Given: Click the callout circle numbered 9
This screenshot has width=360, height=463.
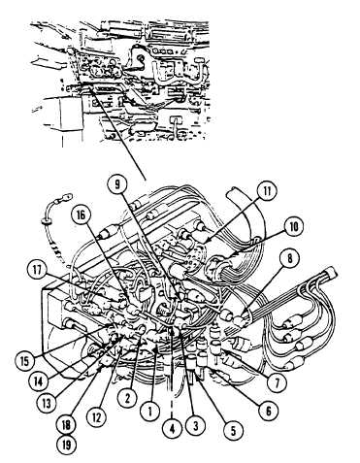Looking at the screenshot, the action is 117,184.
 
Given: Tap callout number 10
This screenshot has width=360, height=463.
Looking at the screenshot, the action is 294,227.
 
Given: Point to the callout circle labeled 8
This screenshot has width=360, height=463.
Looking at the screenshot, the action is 290,258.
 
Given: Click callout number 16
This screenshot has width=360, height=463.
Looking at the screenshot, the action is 82,215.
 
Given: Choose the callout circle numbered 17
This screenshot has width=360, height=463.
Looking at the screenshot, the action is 38,271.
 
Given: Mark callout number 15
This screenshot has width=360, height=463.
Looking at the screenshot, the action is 25,361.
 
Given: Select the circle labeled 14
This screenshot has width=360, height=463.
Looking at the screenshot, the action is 38,381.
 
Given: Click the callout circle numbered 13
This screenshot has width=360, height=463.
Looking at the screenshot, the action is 48,404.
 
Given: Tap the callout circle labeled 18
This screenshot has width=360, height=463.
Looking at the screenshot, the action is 66,425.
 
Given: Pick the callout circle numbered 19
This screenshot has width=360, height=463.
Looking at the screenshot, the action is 66,446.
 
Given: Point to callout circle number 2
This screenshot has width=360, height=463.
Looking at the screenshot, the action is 127,398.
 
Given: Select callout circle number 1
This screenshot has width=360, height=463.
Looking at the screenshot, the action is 150,411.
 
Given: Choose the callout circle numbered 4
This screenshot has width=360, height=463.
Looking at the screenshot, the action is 172,429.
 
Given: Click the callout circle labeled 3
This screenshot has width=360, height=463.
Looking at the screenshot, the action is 195,425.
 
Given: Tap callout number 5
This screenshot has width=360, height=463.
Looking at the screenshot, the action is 234,430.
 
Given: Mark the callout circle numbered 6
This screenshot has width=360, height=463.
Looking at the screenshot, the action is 268,412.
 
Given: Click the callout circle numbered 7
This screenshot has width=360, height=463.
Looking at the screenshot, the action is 278,382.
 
